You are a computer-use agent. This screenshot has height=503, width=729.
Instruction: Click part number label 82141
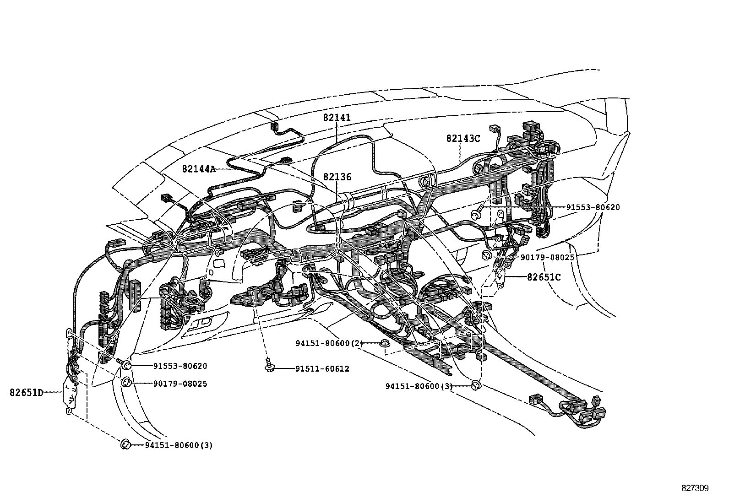[337, 118]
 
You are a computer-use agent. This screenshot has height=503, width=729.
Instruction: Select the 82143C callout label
[463, 138]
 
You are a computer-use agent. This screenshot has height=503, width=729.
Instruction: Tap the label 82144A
[198, 169]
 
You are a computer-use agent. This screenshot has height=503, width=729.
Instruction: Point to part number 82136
[337, 177]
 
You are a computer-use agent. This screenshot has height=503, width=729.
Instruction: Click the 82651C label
[544, 277]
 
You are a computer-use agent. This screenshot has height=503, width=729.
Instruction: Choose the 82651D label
[26, 392]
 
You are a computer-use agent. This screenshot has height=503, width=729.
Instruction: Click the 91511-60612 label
[322, 369]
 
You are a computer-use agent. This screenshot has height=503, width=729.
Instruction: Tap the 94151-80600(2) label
[329, 343]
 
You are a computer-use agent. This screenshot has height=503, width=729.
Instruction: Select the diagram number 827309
[695, 488]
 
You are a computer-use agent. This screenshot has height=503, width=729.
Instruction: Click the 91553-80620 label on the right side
[593, 207]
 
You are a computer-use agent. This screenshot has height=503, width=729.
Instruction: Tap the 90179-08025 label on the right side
[547, 258]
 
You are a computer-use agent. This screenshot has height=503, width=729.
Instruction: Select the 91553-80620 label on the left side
[180, 366]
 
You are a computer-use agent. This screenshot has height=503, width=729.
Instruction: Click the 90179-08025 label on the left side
[180, 384]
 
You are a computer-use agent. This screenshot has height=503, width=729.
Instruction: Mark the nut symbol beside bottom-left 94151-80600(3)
[125, 444]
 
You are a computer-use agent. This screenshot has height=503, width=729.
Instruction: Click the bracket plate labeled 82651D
[70, 393]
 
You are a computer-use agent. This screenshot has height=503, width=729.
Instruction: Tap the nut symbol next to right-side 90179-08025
[487, 255]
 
